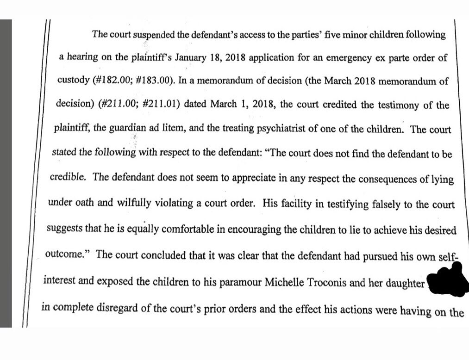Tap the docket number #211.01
click(159, 106)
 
